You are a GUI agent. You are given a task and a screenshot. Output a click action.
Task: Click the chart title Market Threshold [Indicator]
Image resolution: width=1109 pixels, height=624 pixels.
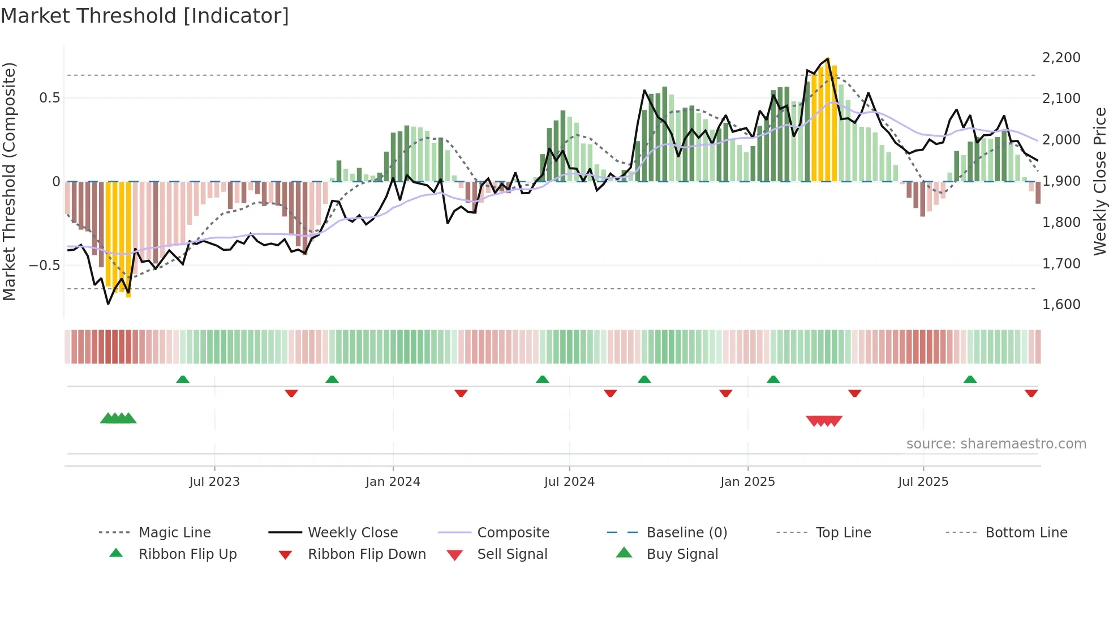tap(145, 16)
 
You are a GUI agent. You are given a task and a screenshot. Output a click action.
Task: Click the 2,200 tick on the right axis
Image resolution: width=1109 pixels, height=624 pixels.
tap(1061, 57)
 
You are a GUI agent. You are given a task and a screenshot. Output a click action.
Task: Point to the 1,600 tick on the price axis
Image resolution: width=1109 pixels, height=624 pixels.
tap(1061, 305)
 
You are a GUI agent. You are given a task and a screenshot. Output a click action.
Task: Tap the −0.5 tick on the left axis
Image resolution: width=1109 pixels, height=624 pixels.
tap(44, 265)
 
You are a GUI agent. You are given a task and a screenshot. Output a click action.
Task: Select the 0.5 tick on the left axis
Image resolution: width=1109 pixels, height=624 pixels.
tap(49, 98)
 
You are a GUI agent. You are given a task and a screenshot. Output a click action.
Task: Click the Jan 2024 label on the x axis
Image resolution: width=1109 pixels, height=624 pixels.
tap(393, 482)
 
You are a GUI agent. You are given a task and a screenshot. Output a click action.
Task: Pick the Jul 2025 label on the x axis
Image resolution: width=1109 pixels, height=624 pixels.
tap(923, 482)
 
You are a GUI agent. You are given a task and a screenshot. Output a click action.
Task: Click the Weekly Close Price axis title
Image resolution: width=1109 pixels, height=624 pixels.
tap(1099, 181)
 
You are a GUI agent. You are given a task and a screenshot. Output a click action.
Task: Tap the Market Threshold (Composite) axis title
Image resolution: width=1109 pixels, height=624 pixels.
tap(9, 181)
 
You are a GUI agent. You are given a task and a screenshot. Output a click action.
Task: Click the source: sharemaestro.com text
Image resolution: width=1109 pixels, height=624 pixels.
tap(996, 444)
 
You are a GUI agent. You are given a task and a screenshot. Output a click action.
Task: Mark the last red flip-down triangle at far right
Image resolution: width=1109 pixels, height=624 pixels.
tap(1031, 393)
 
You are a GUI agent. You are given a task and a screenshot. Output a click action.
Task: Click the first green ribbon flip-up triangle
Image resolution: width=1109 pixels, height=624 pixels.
tap(183, 379)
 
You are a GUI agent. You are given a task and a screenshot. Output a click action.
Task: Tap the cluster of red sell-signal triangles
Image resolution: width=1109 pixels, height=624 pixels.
tap(824, 421)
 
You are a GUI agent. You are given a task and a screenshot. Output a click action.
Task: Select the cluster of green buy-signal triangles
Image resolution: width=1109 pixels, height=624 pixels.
tap(118, 418)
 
